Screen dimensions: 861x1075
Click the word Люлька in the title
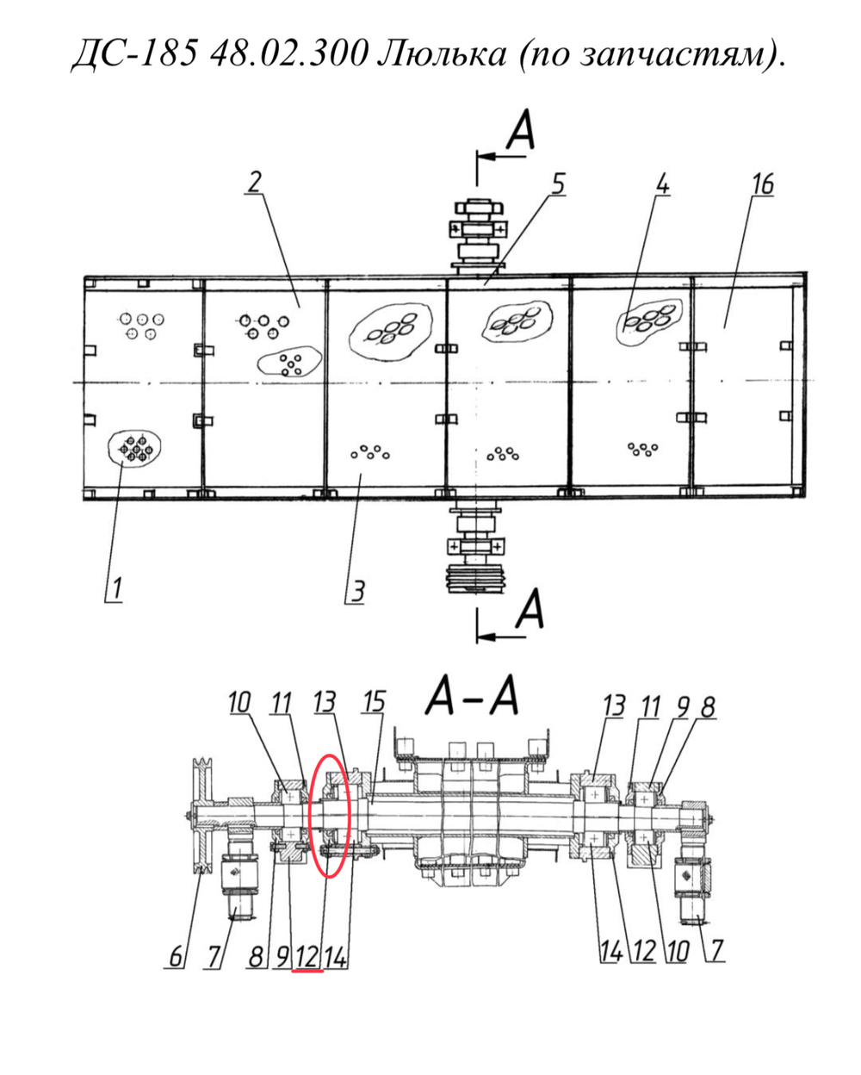click(x=442, y=54)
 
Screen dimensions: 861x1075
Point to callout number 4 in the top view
click(x=661, y=185)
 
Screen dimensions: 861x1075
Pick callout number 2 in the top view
click(x=254, y=183)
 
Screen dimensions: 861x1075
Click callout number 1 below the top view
click(x=115, y=589)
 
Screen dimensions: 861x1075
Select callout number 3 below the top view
click(x=357, y=592)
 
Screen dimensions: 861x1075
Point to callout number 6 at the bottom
click(x=176, y=957)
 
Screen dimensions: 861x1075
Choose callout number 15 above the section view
click(x=375, y=702)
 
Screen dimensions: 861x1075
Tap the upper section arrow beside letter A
click(x=501, y=157)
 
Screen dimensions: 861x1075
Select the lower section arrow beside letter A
click(x=501, y=637)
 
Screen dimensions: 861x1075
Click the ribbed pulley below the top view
click(x=476, y=579)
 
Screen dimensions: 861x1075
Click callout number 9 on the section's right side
click(x=683, y=707)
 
